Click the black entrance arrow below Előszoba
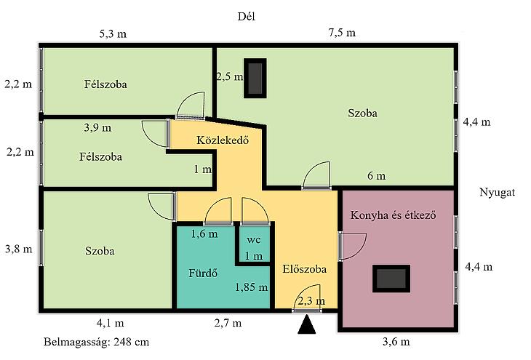point(307,324)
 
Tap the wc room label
point(253,240)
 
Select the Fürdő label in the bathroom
point(203,273)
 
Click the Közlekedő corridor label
point(223,140)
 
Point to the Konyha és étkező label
point(394,215)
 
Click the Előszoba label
point(305,269)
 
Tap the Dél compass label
point(246,16)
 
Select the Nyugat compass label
point(497,192)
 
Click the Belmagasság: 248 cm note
point(97,342)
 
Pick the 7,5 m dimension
point(342,33)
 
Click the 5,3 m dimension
point(113,34)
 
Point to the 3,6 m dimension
point(396,341)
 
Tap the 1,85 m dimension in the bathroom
point(251,287)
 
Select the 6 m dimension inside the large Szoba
point(377,176)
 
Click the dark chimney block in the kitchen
point(391,279)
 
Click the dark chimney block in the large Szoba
point(255,79)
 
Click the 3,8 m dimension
point(19,249)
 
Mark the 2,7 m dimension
point(228,323)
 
